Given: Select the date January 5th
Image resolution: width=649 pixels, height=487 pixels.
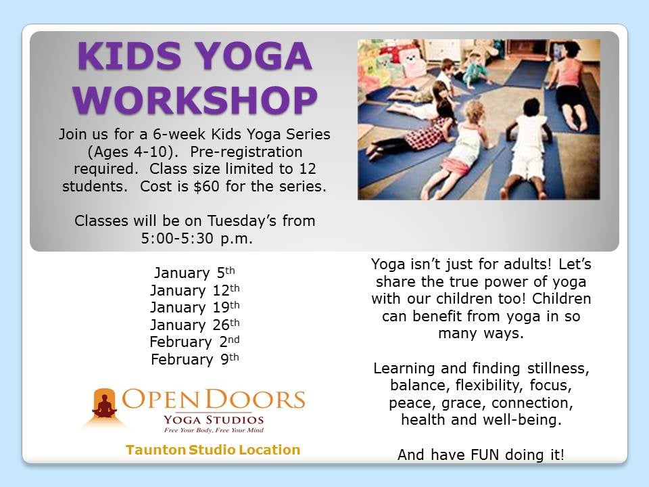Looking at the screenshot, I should tap(195, 273).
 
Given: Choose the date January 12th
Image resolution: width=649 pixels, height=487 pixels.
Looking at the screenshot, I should tap(195, 291).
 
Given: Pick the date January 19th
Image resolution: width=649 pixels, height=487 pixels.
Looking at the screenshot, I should tap(195, 308).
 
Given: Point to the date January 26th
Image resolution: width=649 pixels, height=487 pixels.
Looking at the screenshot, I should tap(195, 325).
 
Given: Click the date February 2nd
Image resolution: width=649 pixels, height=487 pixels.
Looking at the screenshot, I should tap(195, 342).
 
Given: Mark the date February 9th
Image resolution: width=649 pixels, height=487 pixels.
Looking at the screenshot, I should tap(195, 360).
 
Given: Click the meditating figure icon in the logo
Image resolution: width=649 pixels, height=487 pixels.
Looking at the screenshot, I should tap(105, 407).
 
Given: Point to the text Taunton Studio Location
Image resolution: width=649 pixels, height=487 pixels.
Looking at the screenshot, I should tap(213, 450).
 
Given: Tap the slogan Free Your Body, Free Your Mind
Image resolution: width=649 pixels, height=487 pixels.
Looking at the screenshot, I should tap(213, 430).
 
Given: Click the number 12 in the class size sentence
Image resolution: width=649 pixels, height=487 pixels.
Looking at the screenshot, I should tap(308, 168).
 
